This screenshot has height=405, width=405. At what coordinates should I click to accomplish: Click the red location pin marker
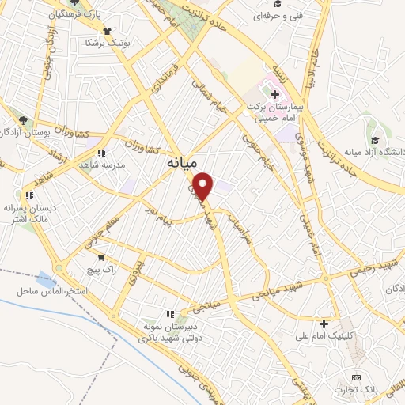pos(204,184)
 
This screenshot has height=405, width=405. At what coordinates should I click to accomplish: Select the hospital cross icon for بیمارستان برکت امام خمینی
pos(274,96)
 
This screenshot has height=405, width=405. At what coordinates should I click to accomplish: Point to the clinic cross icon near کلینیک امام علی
pos(324,324)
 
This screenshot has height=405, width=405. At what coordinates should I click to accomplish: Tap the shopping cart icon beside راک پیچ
pos(100,257)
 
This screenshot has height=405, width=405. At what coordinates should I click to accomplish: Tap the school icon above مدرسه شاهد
pos(100,152)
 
